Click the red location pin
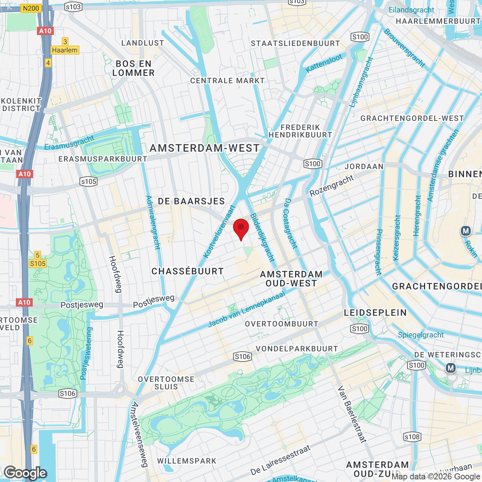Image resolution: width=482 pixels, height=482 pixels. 241,229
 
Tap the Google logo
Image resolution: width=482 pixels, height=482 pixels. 25,473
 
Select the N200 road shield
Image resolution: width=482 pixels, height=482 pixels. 31,8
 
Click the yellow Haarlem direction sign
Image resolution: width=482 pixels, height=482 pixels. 65,50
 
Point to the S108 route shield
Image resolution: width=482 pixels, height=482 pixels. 412,437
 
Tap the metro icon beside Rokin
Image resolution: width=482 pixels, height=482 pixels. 466,231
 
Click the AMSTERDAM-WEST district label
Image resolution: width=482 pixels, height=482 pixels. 205,148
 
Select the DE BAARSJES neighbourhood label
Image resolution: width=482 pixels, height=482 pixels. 191,201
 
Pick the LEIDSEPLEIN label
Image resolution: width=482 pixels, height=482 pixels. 375,313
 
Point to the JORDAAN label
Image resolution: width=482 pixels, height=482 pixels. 364,166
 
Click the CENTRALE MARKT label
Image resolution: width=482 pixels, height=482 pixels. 227,81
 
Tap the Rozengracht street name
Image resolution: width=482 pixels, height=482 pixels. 332,185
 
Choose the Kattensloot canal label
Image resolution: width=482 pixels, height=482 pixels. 324,63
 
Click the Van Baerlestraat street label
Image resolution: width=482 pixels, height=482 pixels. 352,414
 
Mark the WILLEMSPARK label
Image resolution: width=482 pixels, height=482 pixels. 187,461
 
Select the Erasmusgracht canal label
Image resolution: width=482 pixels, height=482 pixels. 69,143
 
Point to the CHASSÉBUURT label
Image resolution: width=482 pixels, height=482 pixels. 188,272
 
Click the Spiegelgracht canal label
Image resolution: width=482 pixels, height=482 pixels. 421,335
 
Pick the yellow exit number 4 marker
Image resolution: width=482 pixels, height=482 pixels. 48,63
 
